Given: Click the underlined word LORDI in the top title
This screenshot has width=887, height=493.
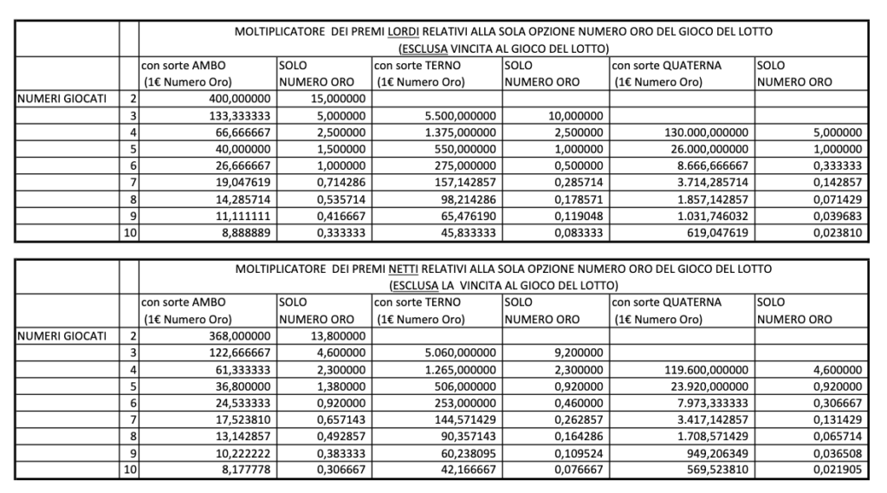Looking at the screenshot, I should tap(405, 31).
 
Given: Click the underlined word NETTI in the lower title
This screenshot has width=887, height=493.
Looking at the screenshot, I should tap(405, 269).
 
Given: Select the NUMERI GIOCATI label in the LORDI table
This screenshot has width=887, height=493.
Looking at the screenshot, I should tap(60, 99).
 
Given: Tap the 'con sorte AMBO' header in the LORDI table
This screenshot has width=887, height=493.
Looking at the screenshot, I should tap(183, 66).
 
